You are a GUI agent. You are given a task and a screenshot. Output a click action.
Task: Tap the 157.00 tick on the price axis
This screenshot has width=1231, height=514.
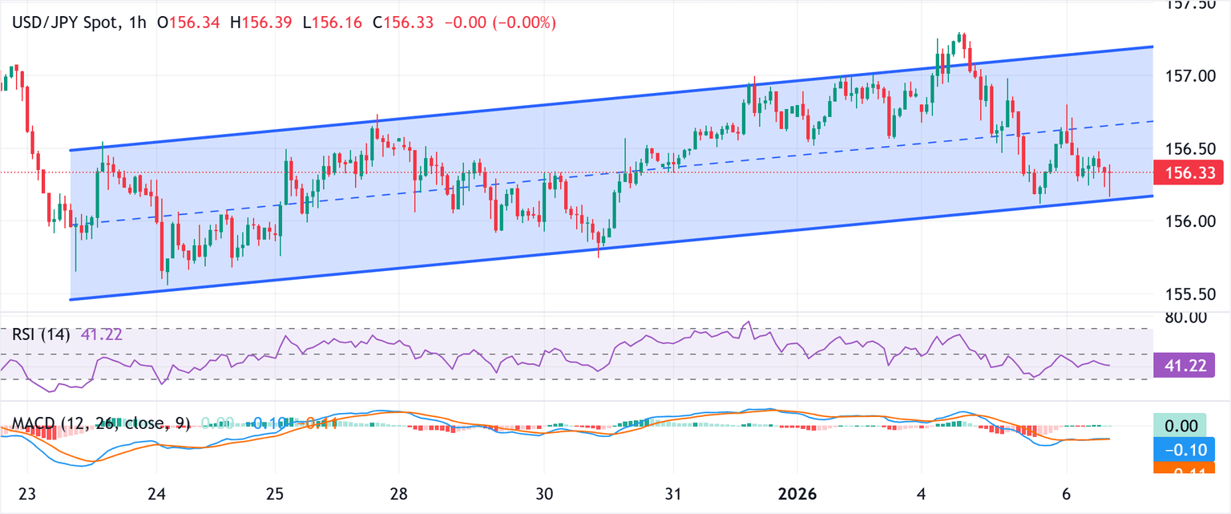click(1190, 75)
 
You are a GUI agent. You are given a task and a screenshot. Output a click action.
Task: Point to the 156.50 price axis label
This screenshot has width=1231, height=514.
click(1190, 148)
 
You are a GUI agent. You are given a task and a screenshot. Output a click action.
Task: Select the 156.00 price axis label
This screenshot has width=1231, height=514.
click(1190, 221)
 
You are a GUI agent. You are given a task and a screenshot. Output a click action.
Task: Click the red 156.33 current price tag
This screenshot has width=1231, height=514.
click(1190, 172)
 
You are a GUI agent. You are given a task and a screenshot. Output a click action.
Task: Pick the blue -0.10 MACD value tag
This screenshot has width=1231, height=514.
click(1190, 449)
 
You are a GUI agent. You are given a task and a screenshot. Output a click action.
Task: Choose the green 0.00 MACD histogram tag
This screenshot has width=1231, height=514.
click(1190, 423)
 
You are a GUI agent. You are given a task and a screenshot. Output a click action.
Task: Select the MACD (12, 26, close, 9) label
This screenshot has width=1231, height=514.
click(95, 423)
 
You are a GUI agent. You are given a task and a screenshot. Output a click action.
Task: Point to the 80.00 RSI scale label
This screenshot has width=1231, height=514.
click(1190, 317)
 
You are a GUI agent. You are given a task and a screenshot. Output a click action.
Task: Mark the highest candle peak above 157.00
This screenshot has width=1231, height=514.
click(960, 34)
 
